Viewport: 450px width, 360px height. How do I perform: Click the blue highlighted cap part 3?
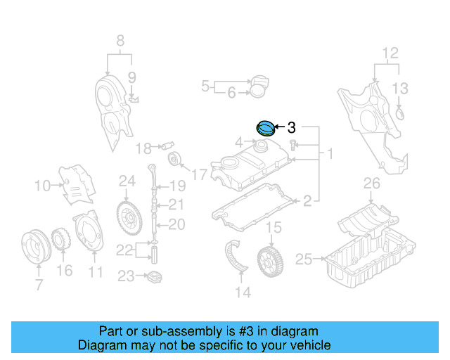(266, 128)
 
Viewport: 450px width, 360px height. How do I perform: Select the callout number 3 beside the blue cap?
(292, 128)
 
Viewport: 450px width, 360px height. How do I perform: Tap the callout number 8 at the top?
(120, 40)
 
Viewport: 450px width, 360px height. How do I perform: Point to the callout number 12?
(390, 52)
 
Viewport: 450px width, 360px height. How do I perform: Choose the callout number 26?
(371, 184)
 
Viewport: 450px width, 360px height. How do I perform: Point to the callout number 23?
(125, 276)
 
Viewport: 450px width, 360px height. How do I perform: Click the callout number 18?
(143, 148)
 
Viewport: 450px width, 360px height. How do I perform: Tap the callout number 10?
(41, 186)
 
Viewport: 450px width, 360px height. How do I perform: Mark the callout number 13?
(399, 88)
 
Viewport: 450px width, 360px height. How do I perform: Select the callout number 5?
(205, 86)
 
